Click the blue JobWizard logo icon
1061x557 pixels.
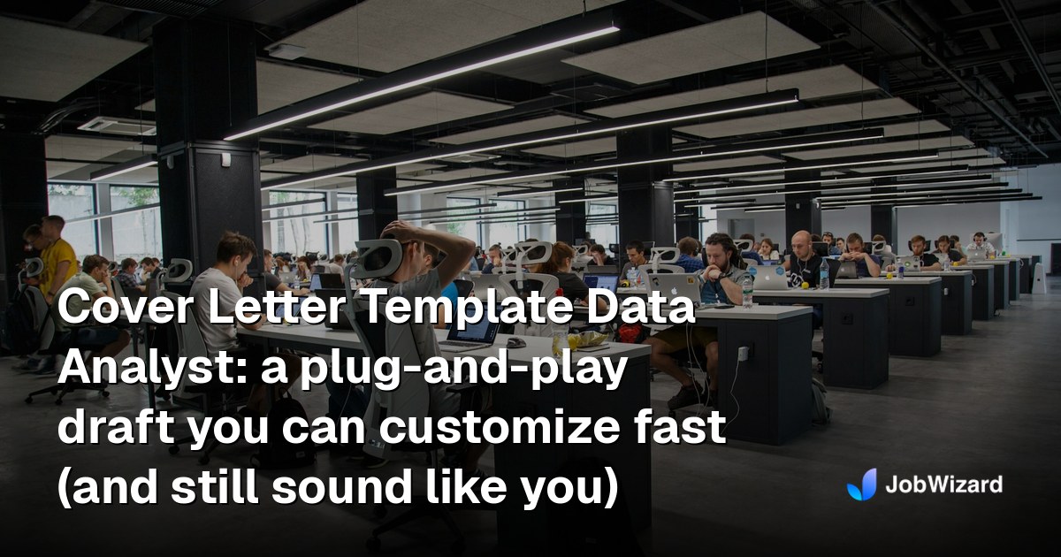click(862, 485)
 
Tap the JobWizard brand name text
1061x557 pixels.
click(944, 485)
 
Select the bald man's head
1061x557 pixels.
click(801, 243)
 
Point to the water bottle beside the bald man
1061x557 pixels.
click(824, 274)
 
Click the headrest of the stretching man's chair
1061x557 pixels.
click(378, 258)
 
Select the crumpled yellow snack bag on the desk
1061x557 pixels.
click(587, 339)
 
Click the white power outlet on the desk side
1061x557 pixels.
click(743, 352)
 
